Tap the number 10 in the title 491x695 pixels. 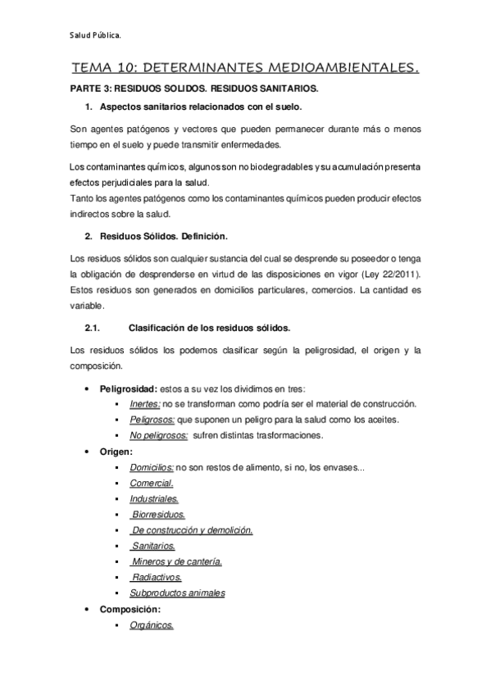[x=126, y=71]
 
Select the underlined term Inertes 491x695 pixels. [x=144, y=404]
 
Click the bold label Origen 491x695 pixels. [x=116, y=451]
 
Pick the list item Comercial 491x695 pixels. [x=151, y=484]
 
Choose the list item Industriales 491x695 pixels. [x=154, y=498]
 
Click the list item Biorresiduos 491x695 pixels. [x=158, y=515]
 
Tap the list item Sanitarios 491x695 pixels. [x=153, y=546]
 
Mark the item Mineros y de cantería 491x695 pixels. [x=176, y=561]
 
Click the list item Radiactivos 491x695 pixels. [x=157, y=577]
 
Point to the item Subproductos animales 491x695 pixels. [x=177, y=593]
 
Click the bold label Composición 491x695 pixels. [x=130, y=609]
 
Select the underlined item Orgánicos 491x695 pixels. [x=152, y=625]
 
